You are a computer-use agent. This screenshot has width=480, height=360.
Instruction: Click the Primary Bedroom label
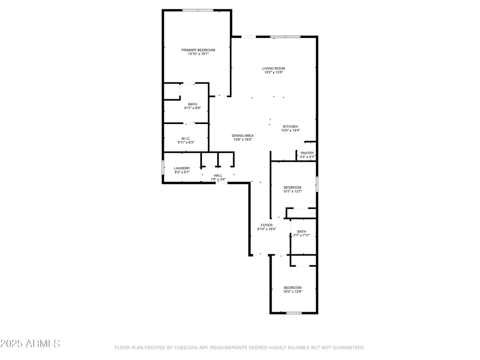pyautogui.click(x=198, y=50)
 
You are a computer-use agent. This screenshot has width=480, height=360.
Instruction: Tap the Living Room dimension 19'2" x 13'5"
pyautogui.click(x=274, y=72)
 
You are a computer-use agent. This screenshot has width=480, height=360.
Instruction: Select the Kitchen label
pyautogui.click(x=290, y=126)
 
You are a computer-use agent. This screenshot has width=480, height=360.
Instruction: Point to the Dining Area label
pyautogui.click(x=242, y=136)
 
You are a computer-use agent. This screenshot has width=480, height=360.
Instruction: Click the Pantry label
pyautogui.click(x=307, y=153)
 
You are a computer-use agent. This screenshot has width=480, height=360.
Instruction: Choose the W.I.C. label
pyautogui.click(x=186, y=138)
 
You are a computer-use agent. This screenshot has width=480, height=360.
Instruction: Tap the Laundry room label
pyautogui.click(x=182, y=168)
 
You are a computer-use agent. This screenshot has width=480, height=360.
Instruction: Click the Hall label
pyautogui.click(x=218, y=175)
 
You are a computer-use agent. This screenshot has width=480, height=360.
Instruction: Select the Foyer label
pyautogui.click(x=266, y=225)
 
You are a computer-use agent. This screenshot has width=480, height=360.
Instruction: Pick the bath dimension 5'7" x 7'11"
pyautogui.click(x=302, y=235)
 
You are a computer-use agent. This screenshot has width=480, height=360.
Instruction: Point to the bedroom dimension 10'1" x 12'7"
pyautogui.click(x=292, y=192)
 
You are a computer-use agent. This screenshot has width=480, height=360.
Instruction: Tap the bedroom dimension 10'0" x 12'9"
pyautogui.click(x=292, y=292)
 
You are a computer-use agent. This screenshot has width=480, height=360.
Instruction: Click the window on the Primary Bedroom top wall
pyautogui.click(x=198, y=10)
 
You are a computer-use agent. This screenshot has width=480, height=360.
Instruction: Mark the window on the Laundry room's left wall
pyautogui.click(x=163, y=167)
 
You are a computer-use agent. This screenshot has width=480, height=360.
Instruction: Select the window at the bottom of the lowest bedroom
pyautogui.click(x=294, y=313)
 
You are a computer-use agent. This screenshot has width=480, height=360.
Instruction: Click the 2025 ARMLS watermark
pyautogui.click(x=30, y=343)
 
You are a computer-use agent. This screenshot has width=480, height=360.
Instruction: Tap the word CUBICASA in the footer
pyautogui.click(x=185, y=348)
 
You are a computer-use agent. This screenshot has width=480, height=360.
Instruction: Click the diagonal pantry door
pyautogui.click(x=300, y=146)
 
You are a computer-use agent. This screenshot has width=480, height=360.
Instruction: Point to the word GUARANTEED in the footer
pyautogui.click(x=348, y=348)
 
